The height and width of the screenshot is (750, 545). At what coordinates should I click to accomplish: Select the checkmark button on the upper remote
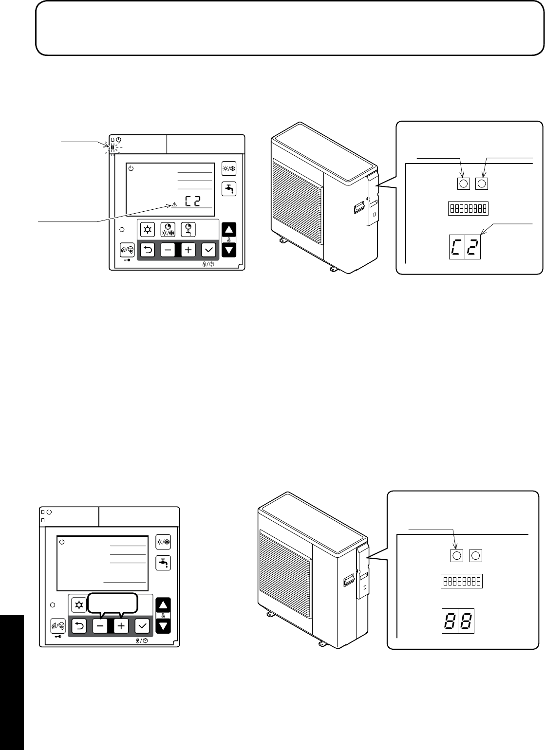click(209, 250)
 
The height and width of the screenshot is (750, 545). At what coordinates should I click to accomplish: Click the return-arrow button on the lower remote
click(79, 625)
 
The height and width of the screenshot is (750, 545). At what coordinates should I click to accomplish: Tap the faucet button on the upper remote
click(228, 188)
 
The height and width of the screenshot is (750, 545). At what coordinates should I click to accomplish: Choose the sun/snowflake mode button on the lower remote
click(162, 542)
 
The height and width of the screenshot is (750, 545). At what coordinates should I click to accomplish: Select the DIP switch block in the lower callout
click(462, 582)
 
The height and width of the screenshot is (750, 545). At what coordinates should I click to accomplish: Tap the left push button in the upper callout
click(464, 183)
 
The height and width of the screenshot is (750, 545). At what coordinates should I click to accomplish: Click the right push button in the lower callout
click(476, 555)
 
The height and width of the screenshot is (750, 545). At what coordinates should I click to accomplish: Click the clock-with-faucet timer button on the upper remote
click(188, 229)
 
